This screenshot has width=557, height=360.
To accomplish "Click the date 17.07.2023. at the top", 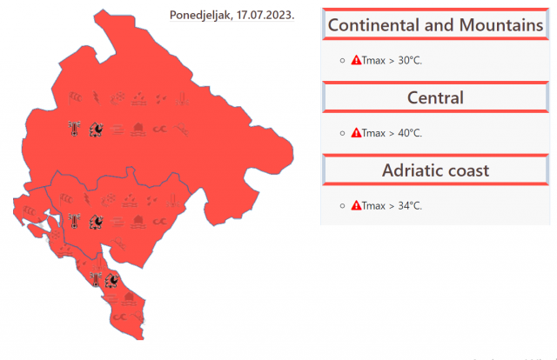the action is tap(265, 15).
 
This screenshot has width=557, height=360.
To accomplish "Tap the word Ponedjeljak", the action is tap(201, 16).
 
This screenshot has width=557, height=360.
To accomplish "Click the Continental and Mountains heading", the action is tap(435, 25).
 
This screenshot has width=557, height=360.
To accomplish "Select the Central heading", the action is tap(435, 97).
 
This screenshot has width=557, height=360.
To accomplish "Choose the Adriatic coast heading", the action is tap(435, 170).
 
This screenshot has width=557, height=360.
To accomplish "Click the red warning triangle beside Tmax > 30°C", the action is tap(356, 60).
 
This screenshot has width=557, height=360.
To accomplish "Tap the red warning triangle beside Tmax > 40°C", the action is tap(356, 133).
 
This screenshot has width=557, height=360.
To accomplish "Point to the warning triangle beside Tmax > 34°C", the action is tap(356, 205).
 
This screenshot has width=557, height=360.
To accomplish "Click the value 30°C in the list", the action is tap(410, 61).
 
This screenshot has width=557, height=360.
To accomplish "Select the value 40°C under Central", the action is tap(410, 133).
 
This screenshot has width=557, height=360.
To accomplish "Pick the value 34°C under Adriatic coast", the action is tap(410, 206).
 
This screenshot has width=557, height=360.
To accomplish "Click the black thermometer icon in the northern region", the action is tap(74, 129).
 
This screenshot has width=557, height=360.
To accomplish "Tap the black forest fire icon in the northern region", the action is tap(96, 130).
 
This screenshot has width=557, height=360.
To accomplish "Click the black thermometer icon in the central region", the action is tap(74, 221).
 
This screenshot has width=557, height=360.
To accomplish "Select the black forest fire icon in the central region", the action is tap(96, 222).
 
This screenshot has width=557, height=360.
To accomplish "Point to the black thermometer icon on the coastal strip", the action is tap(96, 279).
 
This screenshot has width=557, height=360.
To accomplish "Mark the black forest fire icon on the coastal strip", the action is tap(112, 280).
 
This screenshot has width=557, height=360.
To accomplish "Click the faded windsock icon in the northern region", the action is tap(75, 97).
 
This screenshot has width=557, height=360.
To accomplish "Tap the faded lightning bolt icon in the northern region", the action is tap(97, 98).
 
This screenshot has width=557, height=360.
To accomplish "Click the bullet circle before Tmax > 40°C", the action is tap(342, 133).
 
